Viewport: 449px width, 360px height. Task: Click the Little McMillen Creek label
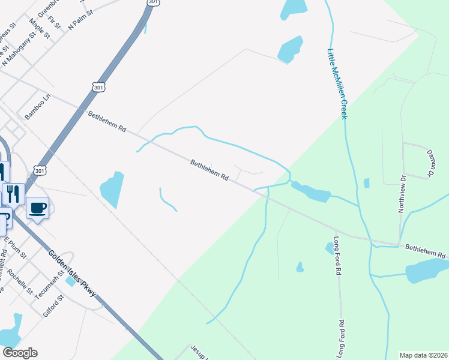pyautogui.click(x=337, y=83)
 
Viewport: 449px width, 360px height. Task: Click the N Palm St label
pyautogui.click(x=81, y=20)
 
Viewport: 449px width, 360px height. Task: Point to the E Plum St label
pyautogui.click(x=16, y=247)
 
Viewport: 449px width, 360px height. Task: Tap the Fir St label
pyautogui.click(x=56, y=23)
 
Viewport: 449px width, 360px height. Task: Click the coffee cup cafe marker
pyautogui.click(x=38, y=208)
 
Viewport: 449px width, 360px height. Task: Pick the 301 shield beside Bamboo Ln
pyautogui.click(x=99, y=87)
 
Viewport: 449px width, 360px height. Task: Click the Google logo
pyautogui.click(x=19, y=353)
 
